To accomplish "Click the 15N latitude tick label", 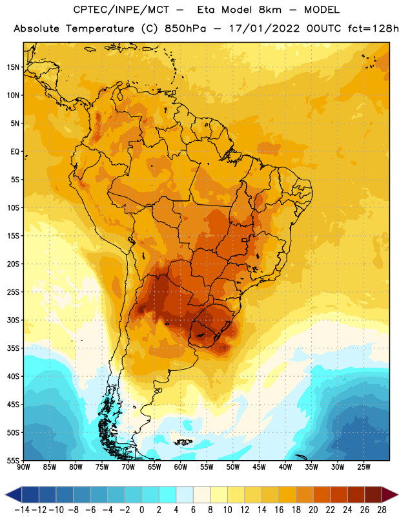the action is point(13,67).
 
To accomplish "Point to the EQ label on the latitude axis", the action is point(15,152).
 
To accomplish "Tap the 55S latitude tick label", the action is point(13,460).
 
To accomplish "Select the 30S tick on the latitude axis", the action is point(13,320).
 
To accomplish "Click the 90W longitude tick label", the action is point(23,467).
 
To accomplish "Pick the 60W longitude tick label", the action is point(181,467).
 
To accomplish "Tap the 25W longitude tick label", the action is point(363,467).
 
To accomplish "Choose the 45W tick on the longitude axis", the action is point(259,467).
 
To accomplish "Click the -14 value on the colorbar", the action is point(22,510).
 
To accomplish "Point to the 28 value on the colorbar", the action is point(382,510).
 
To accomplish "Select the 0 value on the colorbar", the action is point(141,510).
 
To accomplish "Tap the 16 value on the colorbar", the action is point(279,510).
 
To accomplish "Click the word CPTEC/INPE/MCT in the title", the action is point(121,10).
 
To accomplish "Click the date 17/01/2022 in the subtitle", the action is point(265,28).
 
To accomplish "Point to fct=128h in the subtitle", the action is point(373,28).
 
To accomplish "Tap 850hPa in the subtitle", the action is point(185,28).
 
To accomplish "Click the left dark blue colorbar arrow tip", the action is point(6,494).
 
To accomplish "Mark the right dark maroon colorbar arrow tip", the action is point(398,494).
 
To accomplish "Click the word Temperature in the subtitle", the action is point(100,29).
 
